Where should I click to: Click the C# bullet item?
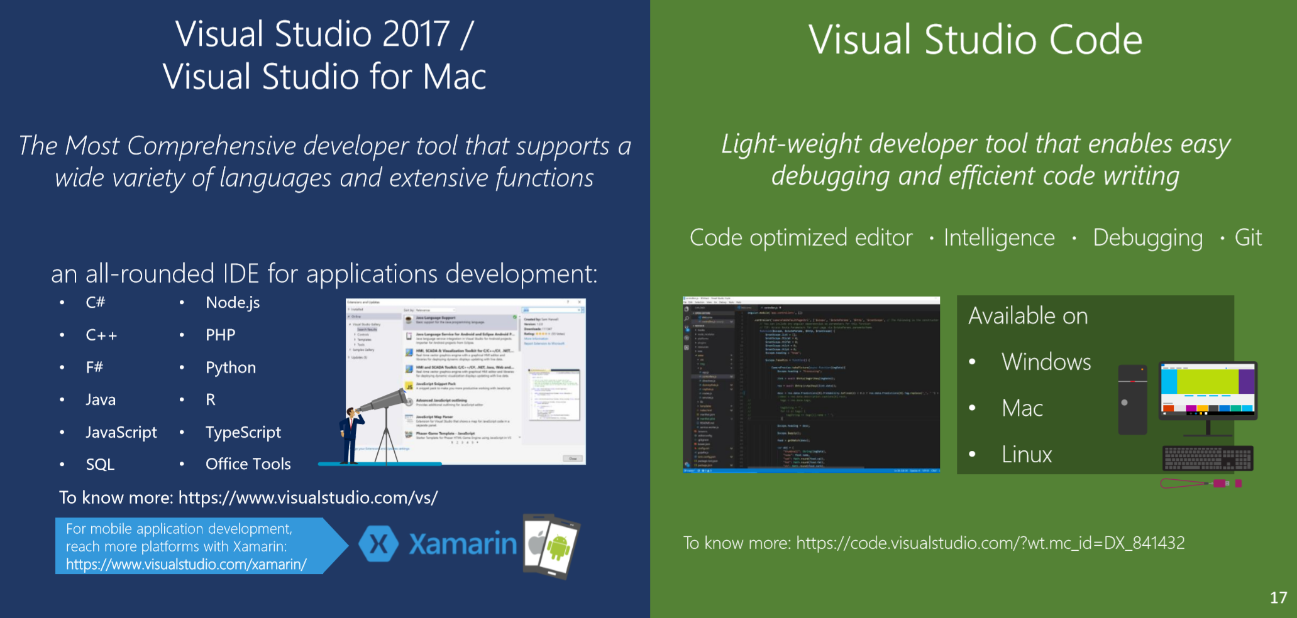pyautogui.click(x=96, y=303)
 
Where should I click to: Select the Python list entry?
pyautogui.click(x=231, y=367)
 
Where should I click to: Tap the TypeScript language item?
pyautogui.click(x=243, y=432)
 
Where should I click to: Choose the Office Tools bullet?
pyautogui.click(x=248, y=464)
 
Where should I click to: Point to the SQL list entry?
pyautogui.click(x=100, y=464)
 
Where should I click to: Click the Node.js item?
pyautogui.click(x=233, y=303)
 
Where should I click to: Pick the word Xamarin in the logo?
pyautogui.click(x=463, y=544)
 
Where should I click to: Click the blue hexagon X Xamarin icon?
pyautogui.click(x=378, y=544)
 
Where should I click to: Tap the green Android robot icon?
pyautogui.click(x=558, y=547)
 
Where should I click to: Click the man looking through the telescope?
pyautogui.click(x=350, y=436)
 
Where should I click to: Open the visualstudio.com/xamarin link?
pyautogui.click(x=186, y=564)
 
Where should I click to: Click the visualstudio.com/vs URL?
pyautogui.click(x=308, y=497)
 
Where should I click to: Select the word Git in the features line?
pyautogui.click(x=1248, y=238)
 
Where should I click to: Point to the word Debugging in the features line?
pyautogui.click(x=1147, y=238)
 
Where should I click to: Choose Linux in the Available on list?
pyautogui.click(x=1027, y=454)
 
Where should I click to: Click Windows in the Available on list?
pyautogui.click(x=1046, y=362)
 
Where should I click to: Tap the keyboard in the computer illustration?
pyautogui.click(x=1208, y=458)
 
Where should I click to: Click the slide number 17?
pyautogui.click(x=1278, y=597)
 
